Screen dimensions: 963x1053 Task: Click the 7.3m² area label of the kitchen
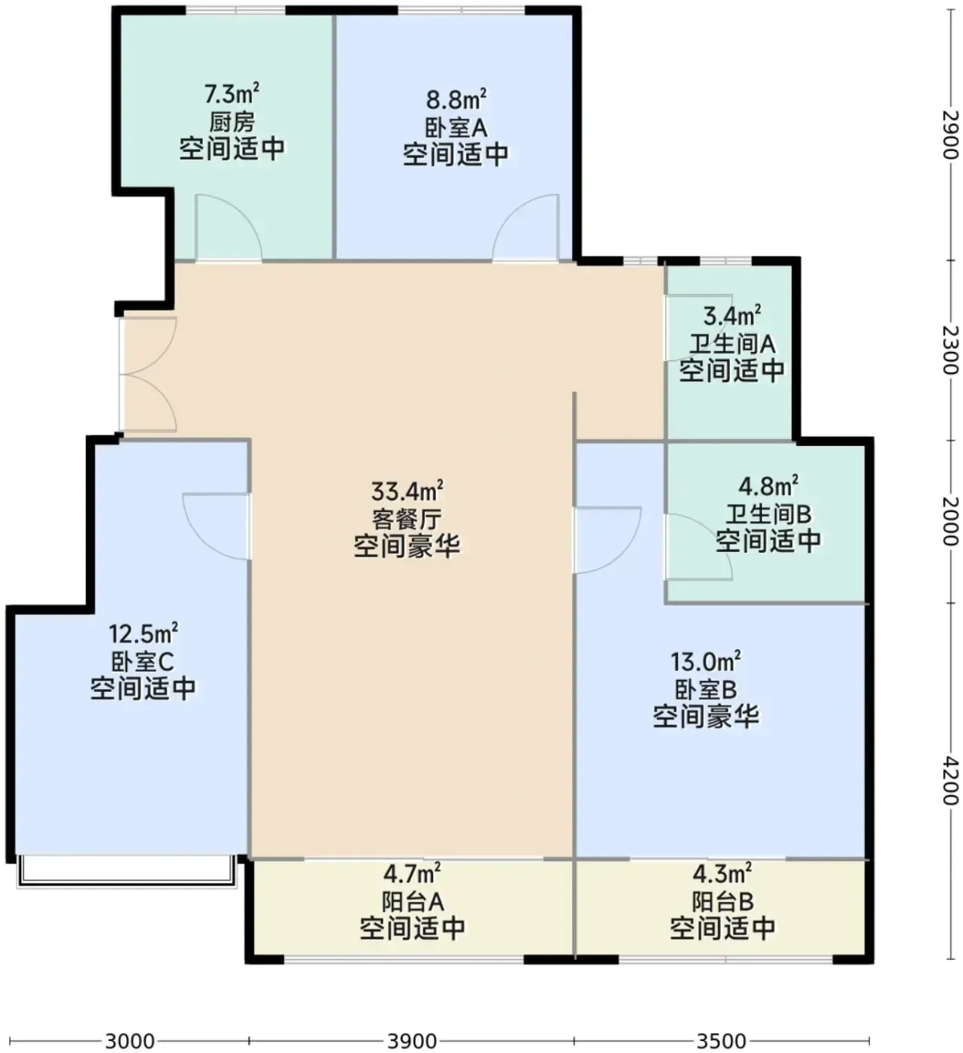232,94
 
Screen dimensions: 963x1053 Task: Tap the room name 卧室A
456,128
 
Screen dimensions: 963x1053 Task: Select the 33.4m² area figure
407,491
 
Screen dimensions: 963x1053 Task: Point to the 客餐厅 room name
407,519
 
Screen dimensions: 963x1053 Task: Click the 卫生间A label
732,344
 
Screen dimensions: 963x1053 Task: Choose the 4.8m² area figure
768,487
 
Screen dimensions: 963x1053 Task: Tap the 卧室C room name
142,661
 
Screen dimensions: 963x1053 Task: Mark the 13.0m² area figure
706,662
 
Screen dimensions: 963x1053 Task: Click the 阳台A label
413,902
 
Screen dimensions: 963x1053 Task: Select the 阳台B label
722,902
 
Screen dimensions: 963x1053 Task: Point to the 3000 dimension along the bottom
129,1040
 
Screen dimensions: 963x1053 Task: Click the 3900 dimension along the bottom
412,1040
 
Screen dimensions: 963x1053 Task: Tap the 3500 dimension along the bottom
721,1040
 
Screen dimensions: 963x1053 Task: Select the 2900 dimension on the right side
950,135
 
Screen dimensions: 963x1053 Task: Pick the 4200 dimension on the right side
950,780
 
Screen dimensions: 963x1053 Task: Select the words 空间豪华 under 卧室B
706,716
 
